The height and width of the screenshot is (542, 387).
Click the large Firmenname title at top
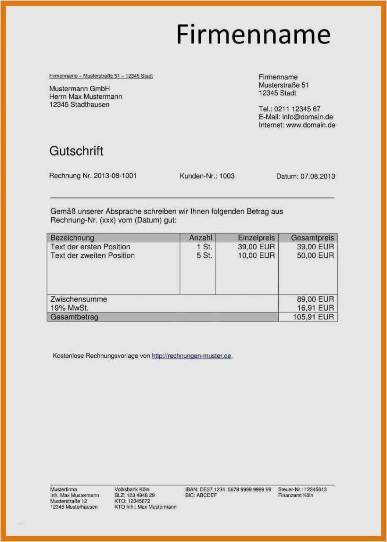(x=253, y=34)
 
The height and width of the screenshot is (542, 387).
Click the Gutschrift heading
(x=76, y=151)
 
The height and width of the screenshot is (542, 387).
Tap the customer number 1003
(x=227, y=176)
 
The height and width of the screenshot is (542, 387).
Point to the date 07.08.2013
(x=318, y=176)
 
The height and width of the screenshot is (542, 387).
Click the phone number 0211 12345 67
(x=297, y=109)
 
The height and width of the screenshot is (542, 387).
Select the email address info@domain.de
(x=307, y=117)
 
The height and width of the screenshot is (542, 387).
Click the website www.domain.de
(x=311, y=125)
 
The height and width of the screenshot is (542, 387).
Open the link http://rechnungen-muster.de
(x=191, y=356)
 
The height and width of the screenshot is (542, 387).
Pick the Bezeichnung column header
(x=72, y=238)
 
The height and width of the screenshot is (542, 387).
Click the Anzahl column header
(x=201, y=238)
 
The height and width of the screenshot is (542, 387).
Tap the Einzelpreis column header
(x=256, y=238)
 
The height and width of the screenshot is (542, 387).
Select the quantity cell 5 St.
(x=204, y=255)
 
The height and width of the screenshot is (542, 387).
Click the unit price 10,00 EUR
(x=256, y=255)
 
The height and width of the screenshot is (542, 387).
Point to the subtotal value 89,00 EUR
(x=315, y=299)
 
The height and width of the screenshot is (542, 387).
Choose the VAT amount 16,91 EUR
(x=315, y=308)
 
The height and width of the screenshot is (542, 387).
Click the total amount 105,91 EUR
(x=313, y=317)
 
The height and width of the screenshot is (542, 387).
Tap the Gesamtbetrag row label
(x=75, y=317)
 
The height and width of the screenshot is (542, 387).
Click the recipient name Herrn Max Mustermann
(x=86, y=97)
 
